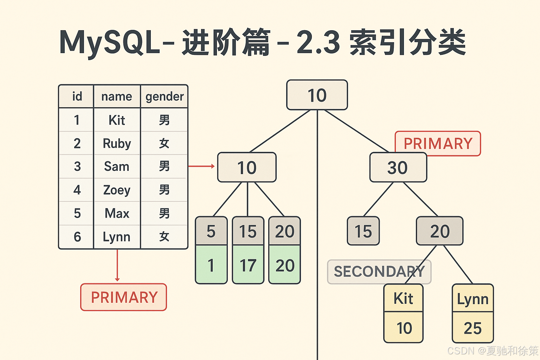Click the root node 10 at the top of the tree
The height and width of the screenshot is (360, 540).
point(317,95)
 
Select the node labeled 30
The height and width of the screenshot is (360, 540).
point(398,167)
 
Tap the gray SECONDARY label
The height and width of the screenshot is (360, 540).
point(379,271)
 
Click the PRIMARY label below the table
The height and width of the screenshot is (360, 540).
point(124,297)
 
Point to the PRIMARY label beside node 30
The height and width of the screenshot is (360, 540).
point(438,143)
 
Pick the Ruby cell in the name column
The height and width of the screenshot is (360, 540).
point(117,143)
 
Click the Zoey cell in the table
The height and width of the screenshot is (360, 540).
point(117,190)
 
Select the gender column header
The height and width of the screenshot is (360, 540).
point(165,96)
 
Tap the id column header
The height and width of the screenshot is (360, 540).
point(77,96)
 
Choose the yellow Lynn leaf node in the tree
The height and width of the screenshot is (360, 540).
point(472,299)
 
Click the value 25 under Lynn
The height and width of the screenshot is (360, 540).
point(472,328)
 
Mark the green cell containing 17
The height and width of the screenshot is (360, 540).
point(248,265)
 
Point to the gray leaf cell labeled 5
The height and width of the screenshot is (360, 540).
point(211,231)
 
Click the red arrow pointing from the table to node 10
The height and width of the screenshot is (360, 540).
point(201,166)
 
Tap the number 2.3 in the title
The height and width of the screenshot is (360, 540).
point(318,43)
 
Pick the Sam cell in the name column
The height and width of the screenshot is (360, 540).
point(117,166)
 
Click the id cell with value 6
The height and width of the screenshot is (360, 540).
point(77,237)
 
